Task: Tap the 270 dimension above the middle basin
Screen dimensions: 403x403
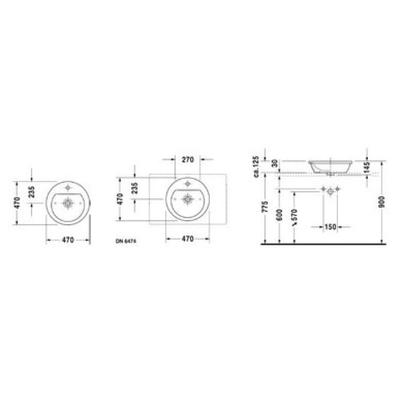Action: pyautogui.click(x=187, y=159)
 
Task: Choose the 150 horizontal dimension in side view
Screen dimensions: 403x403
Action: pyautogui.click(x=329, y=226)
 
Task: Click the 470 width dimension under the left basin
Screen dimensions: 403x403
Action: pyautogui.click(x=68, y=240)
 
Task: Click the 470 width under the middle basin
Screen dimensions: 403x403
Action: pyautogui.click(x=188, y=238)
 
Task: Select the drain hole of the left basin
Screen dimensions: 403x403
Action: pyautogui.click(x=68, y=202)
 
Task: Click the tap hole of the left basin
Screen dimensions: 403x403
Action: pyautogui.click(x=68, y=188)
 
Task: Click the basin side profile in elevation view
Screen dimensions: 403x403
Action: pyautogui.click(x=331, y=165)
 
